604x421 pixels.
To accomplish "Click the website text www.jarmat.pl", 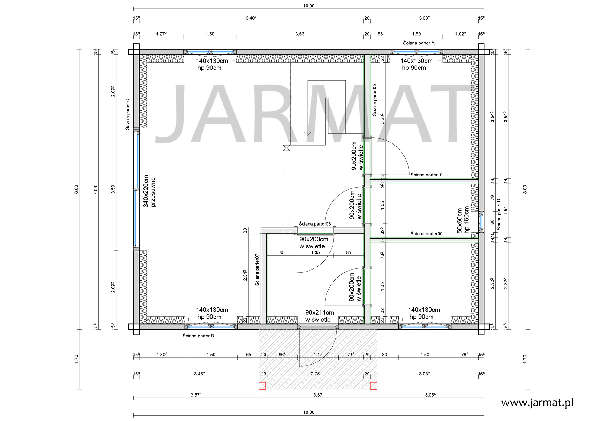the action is [537, 403].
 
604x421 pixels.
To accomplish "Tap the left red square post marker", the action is [262, 386].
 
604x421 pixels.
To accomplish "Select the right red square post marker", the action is [374, 386].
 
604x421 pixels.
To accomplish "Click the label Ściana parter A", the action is [419, 43].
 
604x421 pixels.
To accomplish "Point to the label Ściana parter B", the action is [198, 336].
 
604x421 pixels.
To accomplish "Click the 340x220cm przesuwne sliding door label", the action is [149, 191].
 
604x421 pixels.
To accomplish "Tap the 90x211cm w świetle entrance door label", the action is [320, 316].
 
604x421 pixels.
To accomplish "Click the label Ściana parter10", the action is [426, 175].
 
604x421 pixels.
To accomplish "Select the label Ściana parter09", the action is [426, 233].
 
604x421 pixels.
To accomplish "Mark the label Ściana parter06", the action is [315, 224].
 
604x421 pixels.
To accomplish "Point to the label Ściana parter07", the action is [257, 270].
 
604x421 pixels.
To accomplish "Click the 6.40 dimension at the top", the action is [251, 18].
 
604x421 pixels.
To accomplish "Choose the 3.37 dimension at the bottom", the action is [318, 395].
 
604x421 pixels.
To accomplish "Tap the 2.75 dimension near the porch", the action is [315, 374].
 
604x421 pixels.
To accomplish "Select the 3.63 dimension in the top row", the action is [300, 34].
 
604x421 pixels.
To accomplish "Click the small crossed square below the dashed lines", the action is [286, 148].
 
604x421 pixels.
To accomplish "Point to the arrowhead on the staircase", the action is [308, 133].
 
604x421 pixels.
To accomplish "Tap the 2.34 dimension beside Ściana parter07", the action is [245, 275].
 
